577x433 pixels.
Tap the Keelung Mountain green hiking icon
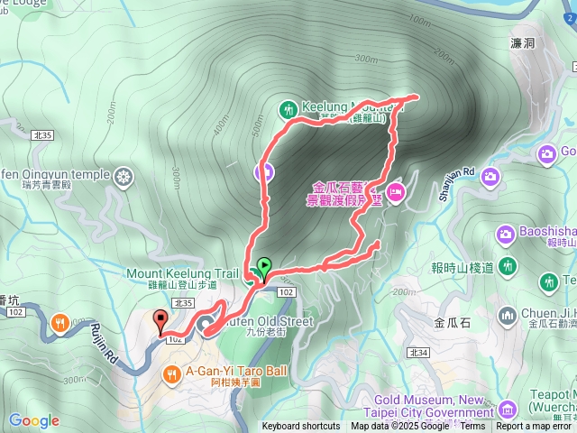click(288, 109)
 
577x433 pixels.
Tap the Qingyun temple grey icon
click(124, 174)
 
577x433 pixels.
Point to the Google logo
click(33, 420)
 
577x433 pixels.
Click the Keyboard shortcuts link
click(301, 427)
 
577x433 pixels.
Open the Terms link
click(472, 427)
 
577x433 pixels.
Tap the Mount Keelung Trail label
click(183, 273)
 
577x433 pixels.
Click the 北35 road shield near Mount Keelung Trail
click(184, 304)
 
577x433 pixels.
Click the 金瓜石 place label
click(453, 321)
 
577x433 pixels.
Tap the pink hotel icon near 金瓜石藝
click(395, 191)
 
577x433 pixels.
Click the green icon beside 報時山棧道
click(509, 267)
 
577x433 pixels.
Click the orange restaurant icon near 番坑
click(60, 321)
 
